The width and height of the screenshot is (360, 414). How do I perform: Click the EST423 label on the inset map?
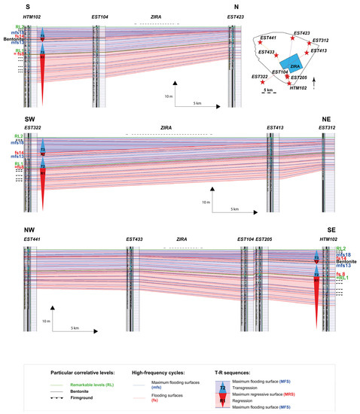click(301, 33)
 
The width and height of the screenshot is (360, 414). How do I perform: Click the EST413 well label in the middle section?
click(275, 129)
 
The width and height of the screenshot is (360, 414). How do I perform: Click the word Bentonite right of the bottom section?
click(346, 260)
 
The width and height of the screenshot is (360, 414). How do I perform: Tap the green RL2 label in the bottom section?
click(341, 248)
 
